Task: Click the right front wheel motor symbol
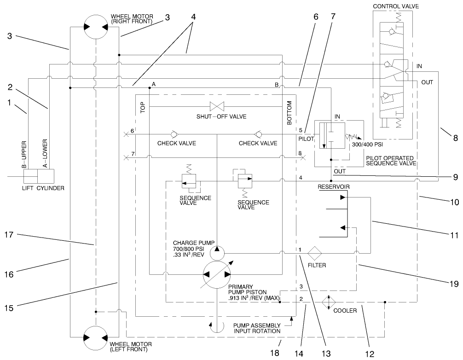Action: [95, 28]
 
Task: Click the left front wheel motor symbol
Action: [95, 337]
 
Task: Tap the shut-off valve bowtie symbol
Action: [216, 106]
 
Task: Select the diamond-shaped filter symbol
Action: [317, 253]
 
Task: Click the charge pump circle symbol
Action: [216, 253]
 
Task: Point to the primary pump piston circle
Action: [216, 275]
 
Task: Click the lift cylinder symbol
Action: [39, 176]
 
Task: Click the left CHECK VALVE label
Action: [177, 143]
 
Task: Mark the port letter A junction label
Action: [153, 84]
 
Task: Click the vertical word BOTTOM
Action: [289, 113]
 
